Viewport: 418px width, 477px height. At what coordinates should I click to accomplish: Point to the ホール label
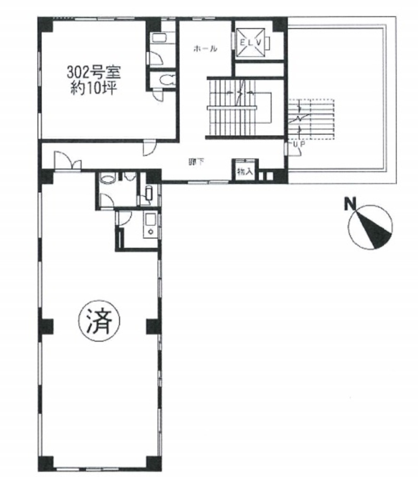coord(205,49)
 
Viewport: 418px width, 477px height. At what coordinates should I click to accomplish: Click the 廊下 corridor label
coord(194,162)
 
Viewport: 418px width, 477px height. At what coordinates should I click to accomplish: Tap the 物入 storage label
coord(245,173)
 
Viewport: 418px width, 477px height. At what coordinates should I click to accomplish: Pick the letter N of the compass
coord(350,205)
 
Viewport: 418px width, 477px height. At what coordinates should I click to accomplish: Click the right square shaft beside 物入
coord(270,175)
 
